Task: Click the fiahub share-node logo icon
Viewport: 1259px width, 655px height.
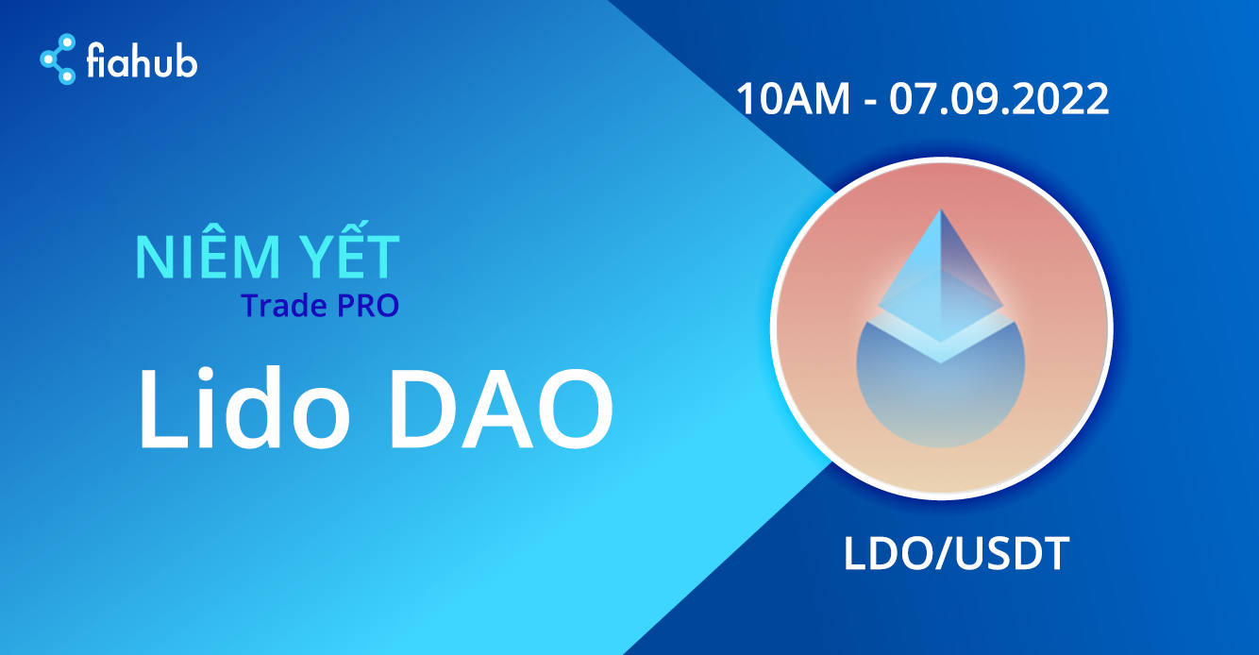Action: click(58, 59)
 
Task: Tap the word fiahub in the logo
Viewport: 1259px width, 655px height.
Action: click(142, 59)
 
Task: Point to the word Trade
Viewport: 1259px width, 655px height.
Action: click(284, 305)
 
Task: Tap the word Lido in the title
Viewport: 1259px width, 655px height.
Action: click(244, 408)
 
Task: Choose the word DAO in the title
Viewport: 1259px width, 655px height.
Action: click(501, 409)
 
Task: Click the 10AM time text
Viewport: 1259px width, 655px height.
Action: click(793, 99)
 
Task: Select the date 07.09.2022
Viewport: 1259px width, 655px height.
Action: click(999, 99)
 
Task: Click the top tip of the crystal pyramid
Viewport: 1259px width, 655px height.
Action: click(941, 210)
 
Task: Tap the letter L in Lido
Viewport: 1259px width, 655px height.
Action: click(163, 409)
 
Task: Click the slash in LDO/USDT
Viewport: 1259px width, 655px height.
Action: click(942, 555)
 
